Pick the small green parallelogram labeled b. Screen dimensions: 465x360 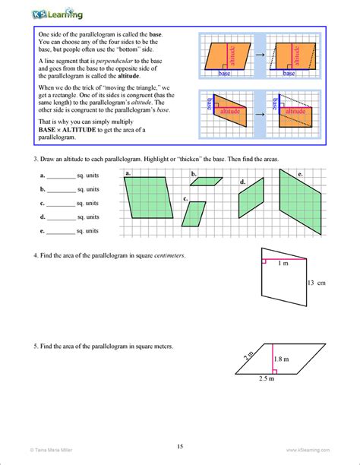pos(208,181)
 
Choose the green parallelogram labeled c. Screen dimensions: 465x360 pos(194,214)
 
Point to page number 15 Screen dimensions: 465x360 pos(180,446)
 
